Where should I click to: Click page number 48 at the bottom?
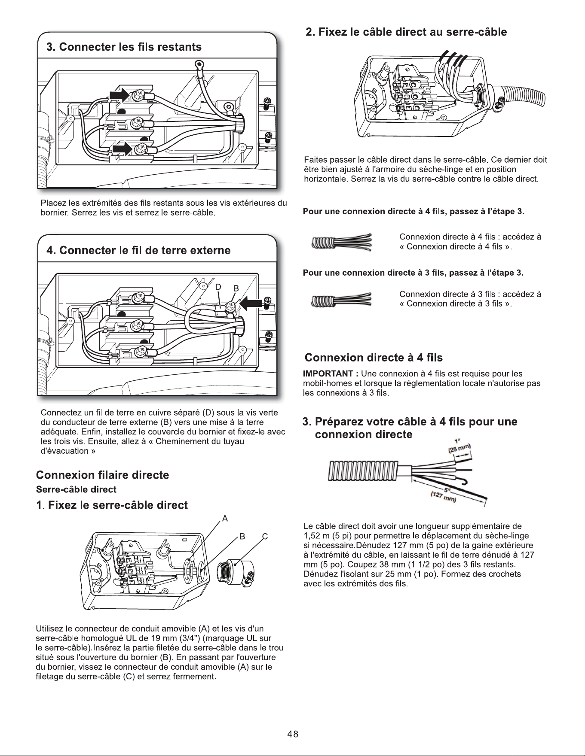(x=293, y=734)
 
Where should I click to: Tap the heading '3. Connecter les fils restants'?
(x=124, y=47)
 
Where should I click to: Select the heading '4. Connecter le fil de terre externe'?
(x=138, y=250)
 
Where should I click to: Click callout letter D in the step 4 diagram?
(x=218, y=287)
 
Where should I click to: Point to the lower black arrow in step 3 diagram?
(x=123, y=149)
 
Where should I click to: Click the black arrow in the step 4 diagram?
(x=250, y=304)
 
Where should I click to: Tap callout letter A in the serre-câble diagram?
(x=224, y=518)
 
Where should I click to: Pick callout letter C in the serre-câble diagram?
(x=265, y=536)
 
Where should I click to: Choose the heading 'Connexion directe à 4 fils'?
(x=374, y=358)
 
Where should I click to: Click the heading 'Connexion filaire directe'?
(x=102, y=475)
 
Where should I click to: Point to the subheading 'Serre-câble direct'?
(x=76, y=489)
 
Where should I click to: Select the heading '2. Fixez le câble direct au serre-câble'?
(x=406, y=32)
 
